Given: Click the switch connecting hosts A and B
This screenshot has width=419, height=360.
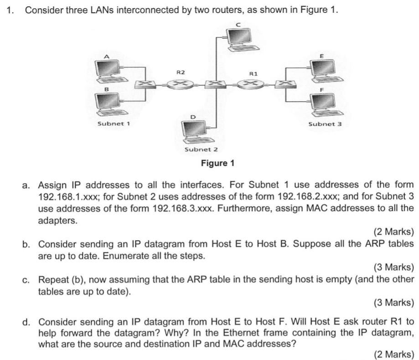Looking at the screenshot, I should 145,84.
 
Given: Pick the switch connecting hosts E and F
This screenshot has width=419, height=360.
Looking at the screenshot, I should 286,84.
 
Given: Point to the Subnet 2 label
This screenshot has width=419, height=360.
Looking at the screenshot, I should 201,149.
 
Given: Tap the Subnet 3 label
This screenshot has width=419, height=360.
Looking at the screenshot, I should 323,124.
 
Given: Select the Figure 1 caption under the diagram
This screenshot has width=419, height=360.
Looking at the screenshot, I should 217,163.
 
